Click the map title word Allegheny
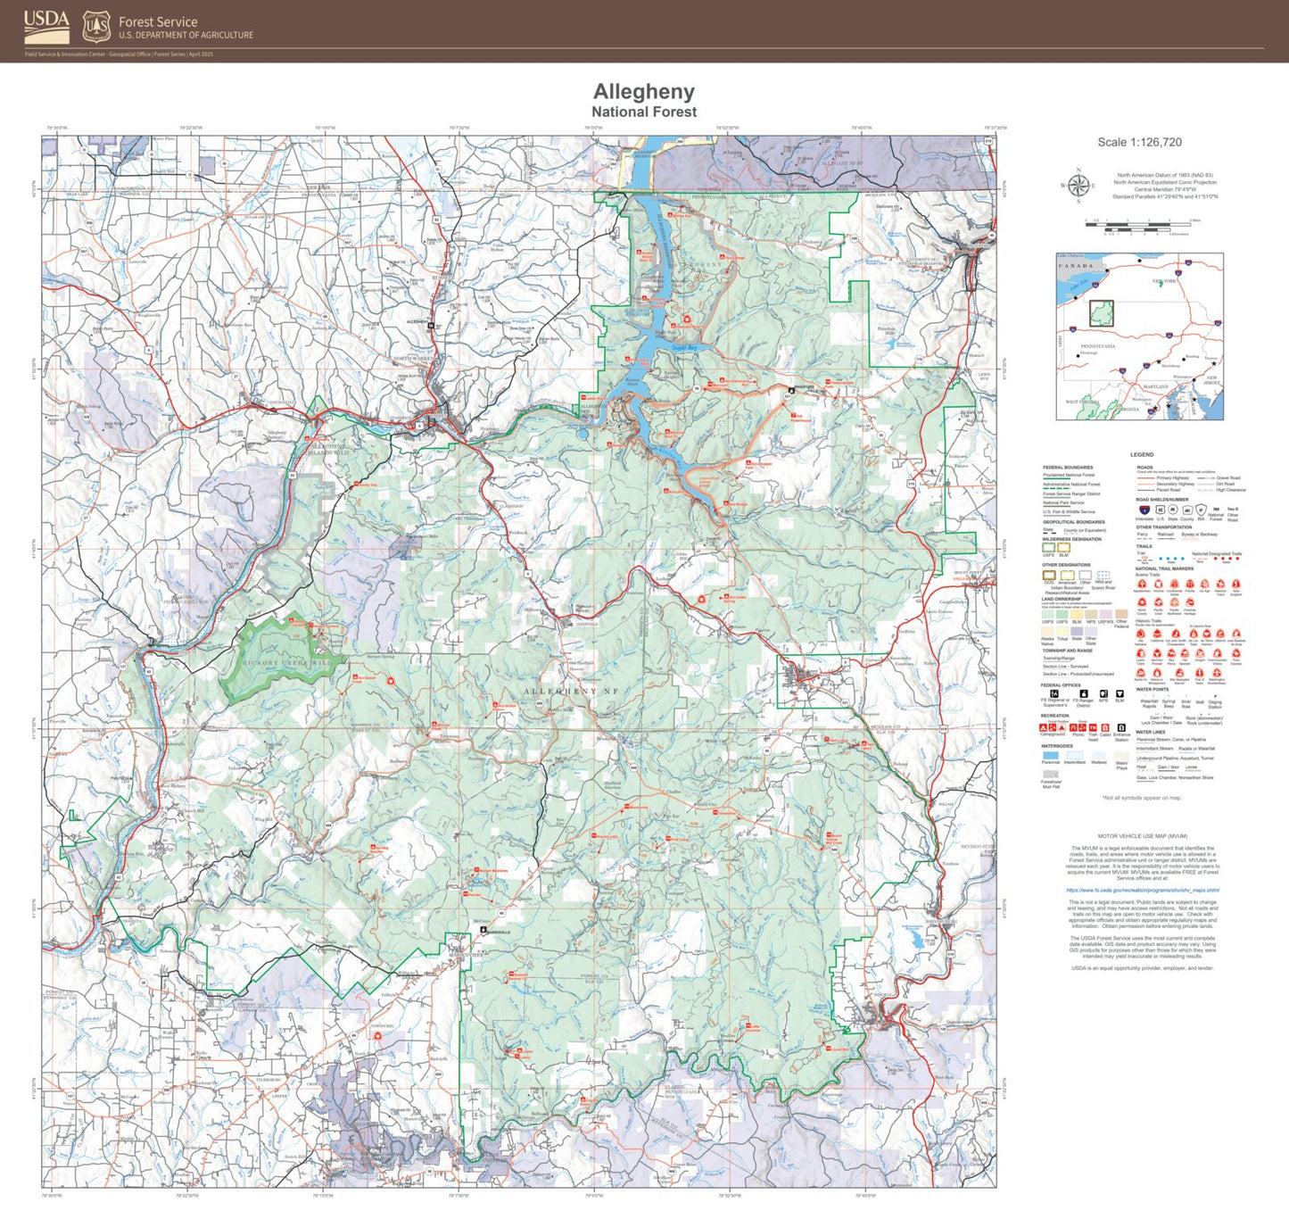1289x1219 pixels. [643, 92]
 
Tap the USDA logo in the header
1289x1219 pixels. [46, 27]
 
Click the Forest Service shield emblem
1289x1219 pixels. [96, 27]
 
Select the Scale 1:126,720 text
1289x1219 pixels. [1139, 143]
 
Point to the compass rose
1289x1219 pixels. [1078, 186]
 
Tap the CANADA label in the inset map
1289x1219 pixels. [1075, 266]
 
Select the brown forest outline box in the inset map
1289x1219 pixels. [1102, 313]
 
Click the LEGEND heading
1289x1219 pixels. [1142, 455]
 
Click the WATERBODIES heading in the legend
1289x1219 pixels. [1057, 746]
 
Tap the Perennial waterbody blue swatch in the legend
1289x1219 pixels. [1051, 756]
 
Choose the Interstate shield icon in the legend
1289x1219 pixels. [1144, 510]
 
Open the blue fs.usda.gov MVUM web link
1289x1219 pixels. [1142, 890]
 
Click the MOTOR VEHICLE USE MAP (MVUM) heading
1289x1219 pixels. [1142, 837]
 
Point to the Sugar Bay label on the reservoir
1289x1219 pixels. [684, 348]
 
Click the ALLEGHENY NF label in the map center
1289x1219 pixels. [571, 692]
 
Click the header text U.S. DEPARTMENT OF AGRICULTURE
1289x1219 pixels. [186, 36]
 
